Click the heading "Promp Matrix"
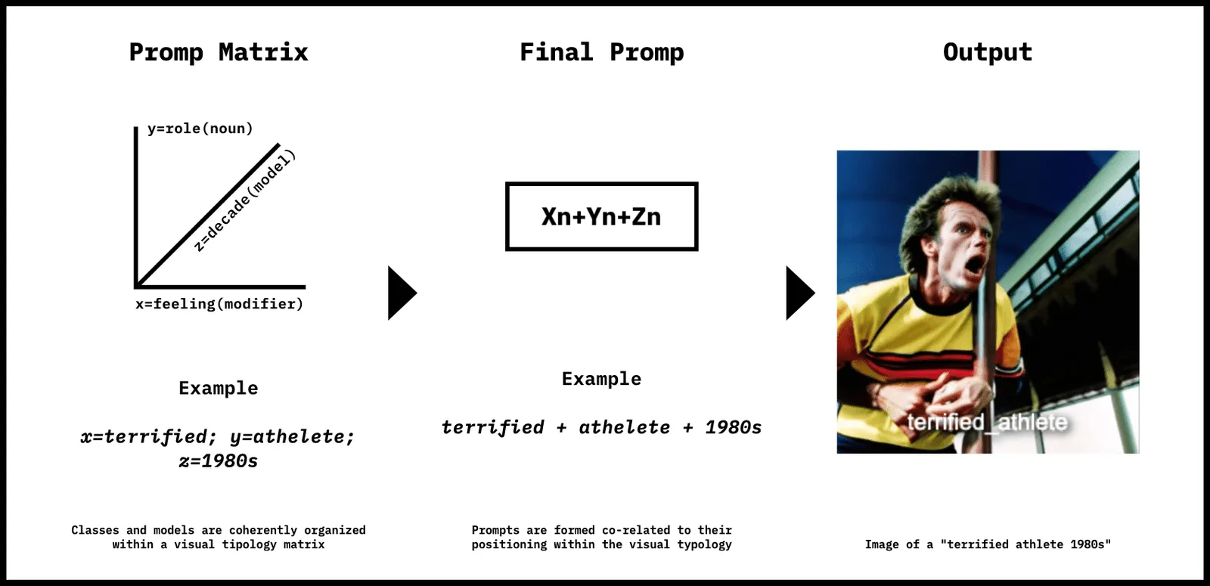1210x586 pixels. pos(219,52)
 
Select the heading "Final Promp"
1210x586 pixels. pos(602,52)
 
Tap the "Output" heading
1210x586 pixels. pos(988,52)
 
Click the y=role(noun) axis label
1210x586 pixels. pos(200,129)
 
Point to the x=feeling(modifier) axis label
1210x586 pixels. pos(219,304)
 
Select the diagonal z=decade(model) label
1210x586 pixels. pos(245,201)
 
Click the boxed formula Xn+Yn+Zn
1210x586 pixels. pos(602,216)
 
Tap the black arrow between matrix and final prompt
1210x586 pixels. pos(402,293)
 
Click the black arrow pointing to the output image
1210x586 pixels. pos(800,293)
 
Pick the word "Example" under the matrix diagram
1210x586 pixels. pos(219,388)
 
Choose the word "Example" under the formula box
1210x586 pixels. pos(602,379)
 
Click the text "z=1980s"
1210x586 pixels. pos(219,460)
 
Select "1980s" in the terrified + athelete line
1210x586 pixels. pos(734,427)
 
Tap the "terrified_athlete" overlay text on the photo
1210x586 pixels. pos(988,422)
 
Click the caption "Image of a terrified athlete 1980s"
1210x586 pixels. pos(988,544)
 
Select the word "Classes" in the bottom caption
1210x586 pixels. pos(95,530)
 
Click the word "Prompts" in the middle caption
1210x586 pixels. pos(495,530)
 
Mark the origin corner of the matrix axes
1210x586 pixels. pos(136,287)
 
